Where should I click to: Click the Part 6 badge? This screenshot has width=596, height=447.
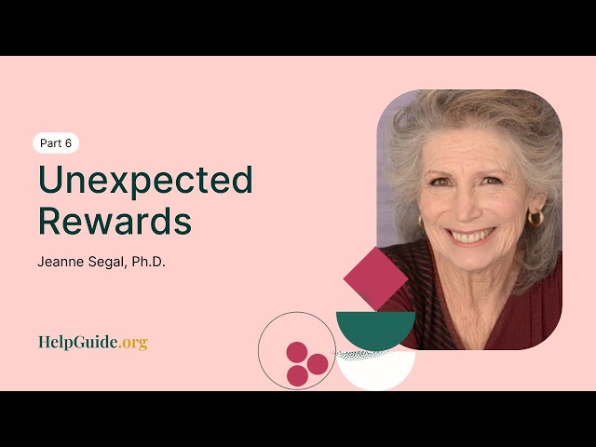(x=56, y=143)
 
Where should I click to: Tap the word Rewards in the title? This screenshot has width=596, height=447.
(x=115, y=223)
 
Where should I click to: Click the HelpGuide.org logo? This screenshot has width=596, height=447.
(x=92, y=342)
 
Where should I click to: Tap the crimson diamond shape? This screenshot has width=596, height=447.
(x=376, y=278)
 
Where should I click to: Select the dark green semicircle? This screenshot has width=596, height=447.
(x=375, y=329)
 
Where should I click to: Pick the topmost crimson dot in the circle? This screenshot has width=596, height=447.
(x=296, y=352)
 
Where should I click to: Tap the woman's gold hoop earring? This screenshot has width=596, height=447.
(x=535, y=219)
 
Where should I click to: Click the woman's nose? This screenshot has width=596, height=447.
(x=471, y=210)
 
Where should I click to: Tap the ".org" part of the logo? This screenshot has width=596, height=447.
(x=133, y=342)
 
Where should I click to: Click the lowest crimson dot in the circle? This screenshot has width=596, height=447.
(x=297, y=375)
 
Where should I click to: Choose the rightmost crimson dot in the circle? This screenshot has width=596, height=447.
(x=318, y=364)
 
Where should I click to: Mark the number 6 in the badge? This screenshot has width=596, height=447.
(x=68, y=143)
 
